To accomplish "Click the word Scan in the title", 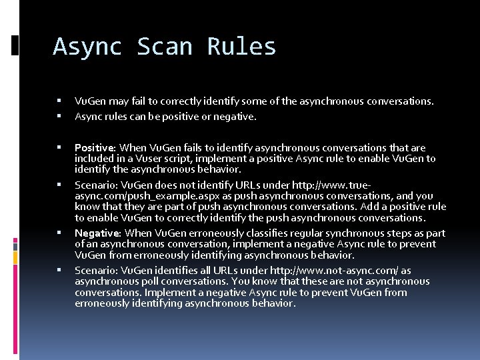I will pyautogui.click(x=165, y=47).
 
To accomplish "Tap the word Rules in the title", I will pyautogui.click(x=241, y=47).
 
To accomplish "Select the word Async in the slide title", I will pyautogui.click(x=87, y=47).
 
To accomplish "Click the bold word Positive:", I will pyautogui.click(x=95, y=148).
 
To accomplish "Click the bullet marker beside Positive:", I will pyautogui.click(x=59, y=147).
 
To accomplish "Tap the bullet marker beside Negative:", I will pyautogui.click(x=59, y=233).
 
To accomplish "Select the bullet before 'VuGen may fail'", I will pyautogui.click(x=59, y=101).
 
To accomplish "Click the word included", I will pyautogui.click(x=94, y=159).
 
